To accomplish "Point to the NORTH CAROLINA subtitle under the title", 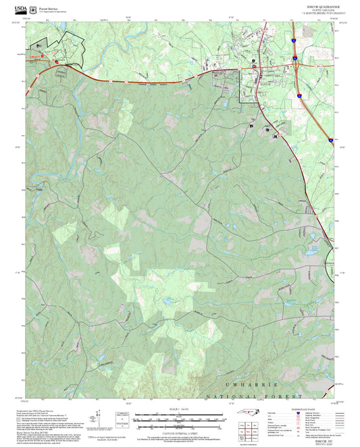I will pos(315,9).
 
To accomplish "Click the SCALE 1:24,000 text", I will pos(179,410).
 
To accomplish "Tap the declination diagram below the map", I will pos(122,419).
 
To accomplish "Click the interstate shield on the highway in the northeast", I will pos(295,60).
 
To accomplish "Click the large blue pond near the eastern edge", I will pos(312,251).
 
